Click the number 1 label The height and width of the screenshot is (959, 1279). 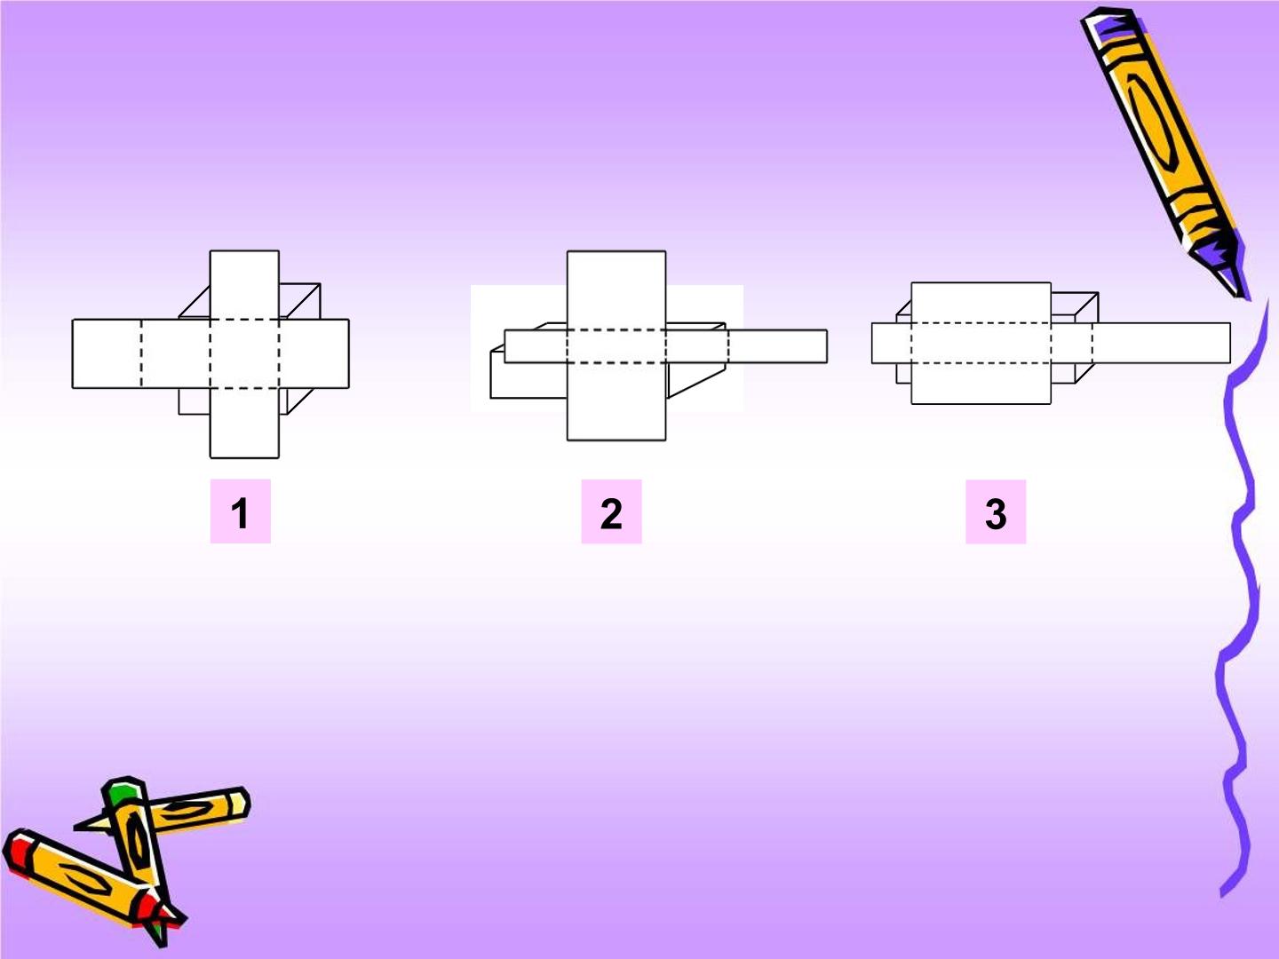[240, 511]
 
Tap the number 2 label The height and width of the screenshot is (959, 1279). [611, 511]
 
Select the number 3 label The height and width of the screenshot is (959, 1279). [996, 511]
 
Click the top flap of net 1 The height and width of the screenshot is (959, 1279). [245, 285]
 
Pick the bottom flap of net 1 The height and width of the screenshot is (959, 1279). [245, 424]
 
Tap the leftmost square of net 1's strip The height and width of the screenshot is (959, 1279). [107, 353]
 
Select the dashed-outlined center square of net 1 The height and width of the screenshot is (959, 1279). [245, 353]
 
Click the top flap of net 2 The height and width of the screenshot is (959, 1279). [616, 290]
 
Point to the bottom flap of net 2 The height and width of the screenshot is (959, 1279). [616, 401]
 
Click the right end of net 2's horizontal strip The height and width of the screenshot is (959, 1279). [778, 346]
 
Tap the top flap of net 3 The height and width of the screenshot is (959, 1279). [981, 303]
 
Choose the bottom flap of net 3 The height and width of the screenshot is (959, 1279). [981, 384]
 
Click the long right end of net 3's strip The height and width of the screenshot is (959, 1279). [1161, 344]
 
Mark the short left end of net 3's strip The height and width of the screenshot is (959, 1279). [892, 344]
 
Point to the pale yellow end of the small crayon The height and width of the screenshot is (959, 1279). [239, 804]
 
